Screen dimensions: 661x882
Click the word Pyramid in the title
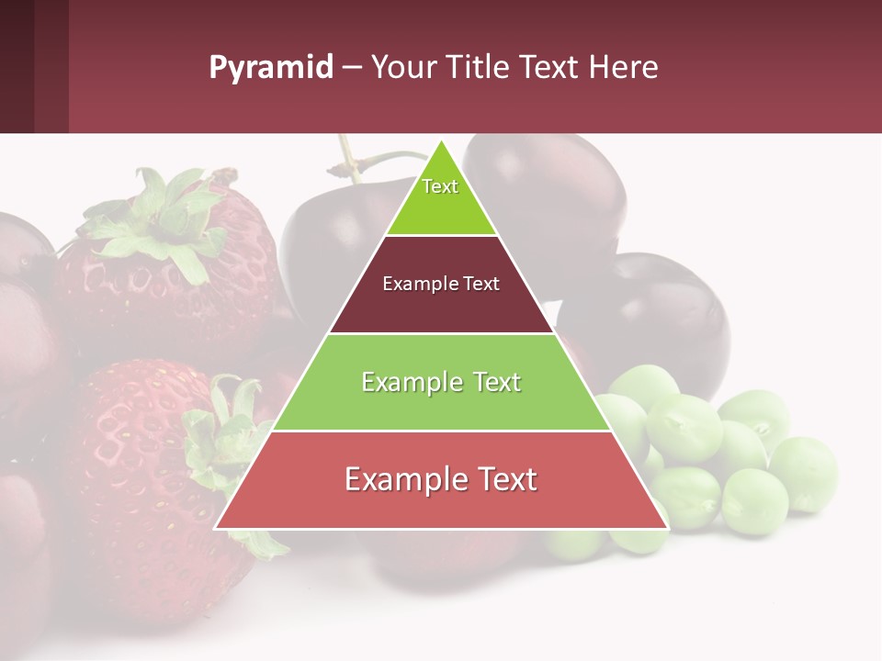[270, 68]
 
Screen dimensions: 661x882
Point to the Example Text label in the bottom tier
[440, 479]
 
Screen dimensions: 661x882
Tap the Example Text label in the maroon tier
[441, 284]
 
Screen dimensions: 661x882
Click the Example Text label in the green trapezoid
[441, 382]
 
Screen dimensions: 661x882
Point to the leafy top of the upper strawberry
[165, 220]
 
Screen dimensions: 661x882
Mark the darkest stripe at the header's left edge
[17, 66]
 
